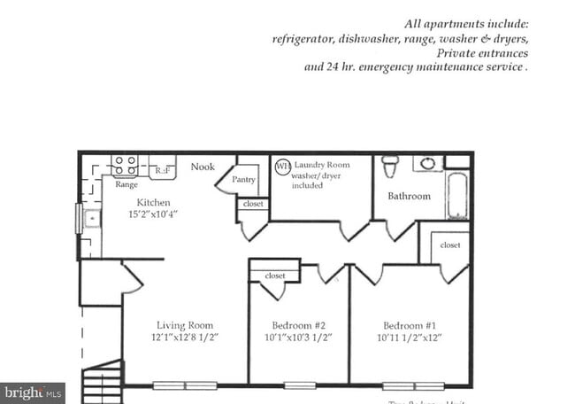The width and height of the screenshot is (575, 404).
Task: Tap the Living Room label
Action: pos(184,324)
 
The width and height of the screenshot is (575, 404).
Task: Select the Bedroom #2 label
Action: pos(297,324)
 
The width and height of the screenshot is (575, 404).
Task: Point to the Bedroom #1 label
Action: pos(409,324)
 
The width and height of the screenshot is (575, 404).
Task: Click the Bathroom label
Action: pos(409,196)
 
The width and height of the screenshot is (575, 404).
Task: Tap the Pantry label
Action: pos(243,179)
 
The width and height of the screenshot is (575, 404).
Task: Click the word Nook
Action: pos(203,167)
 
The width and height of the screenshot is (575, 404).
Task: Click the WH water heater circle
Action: pos(282,166)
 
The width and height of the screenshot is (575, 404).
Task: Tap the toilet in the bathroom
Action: pos(389,166)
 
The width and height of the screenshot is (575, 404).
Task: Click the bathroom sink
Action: pos(428,163)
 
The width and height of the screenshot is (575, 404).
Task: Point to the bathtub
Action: pos(458,195)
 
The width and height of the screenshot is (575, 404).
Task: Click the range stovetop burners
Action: pos(125,166)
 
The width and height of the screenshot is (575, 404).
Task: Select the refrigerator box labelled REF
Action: pos(163,168)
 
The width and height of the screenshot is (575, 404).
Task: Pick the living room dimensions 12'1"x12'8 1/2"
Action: pos(184,338)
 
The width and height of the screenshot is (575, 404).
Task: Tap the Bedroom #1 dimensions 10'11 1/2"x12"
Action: pos(409,338)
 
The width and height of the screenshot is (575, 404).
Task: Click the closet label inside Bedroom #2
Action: pos(275,276)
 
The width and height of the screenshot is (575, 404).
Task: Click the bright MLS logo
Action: pos(33,392)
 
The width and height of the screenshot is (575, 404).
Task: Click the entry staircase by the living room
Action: pos(103,381)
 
